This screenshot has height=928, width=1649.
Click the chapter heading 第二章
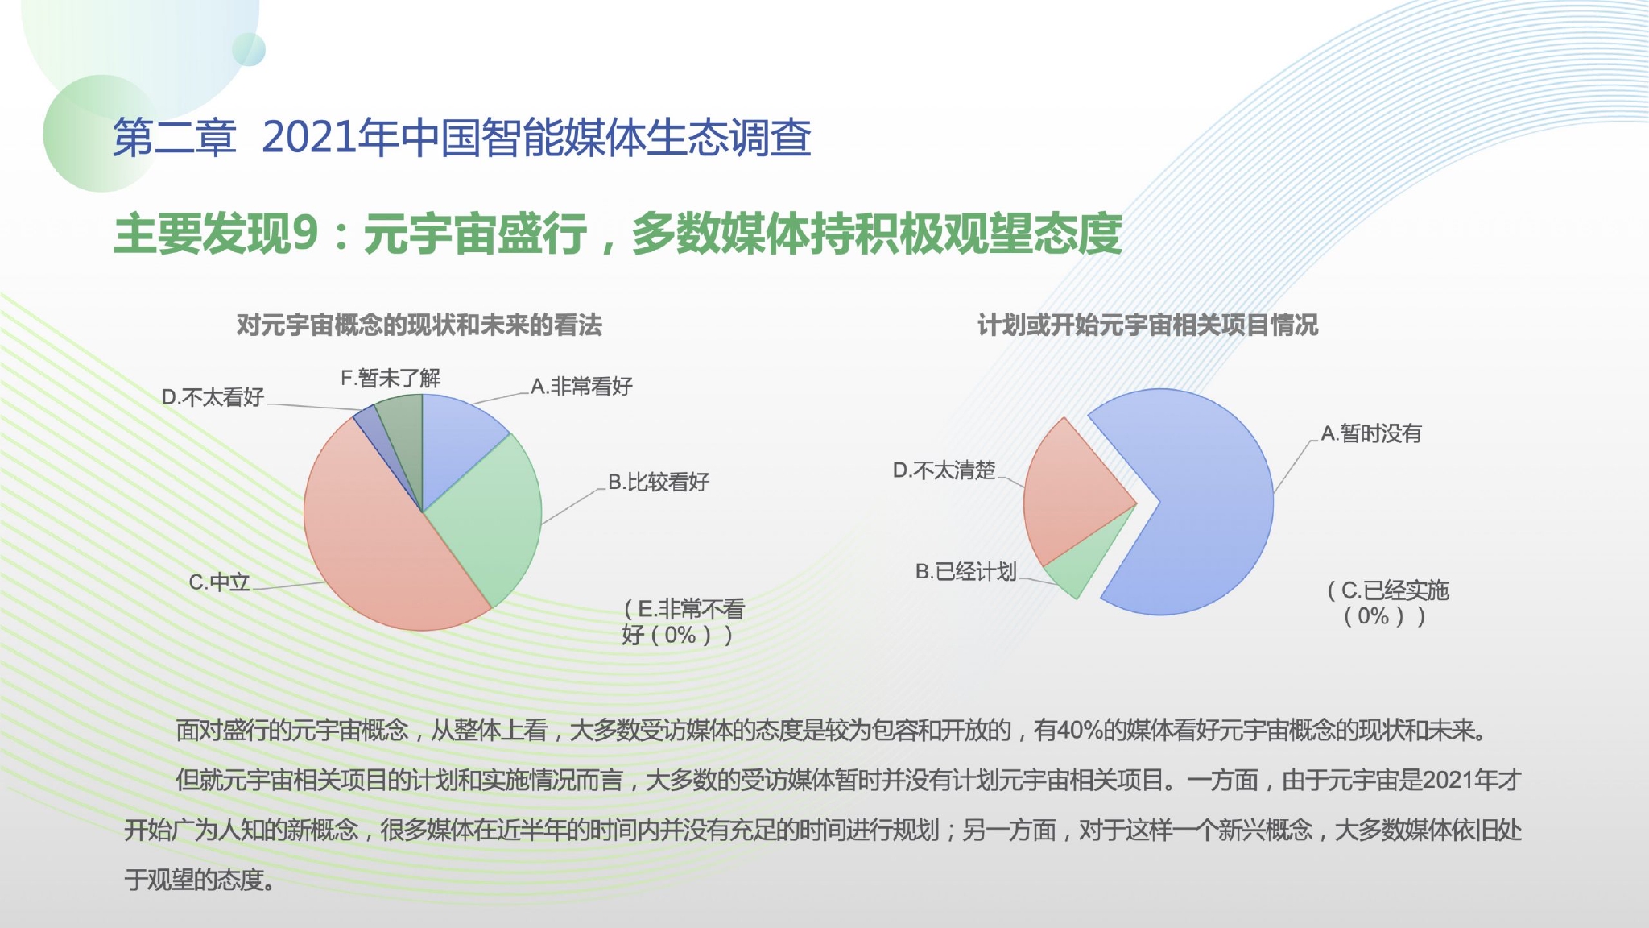tap(175, 137)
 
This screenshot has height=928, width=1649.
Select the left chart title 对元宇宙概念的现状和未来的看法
tap(419, 325)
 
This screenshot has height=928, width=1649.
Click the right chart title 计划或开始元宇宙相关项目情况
tap(1148, 325)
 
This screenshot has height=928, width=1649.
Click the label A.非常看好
tap(581, 387)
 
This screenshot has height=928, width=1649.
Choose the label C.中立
tap(220, 582)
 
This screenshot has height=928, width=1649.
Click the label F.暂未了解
tap(391, 378)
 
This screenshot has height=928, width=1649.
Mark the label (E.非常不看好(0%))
tap(682, 622)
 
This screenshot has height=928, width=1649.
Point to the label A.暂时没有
tap(1371, 433)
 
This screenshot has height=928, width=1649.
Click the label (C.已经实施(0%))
tap(1388, 603)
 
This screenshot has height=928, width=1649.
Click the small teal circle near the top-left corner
tap(249, 49)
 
